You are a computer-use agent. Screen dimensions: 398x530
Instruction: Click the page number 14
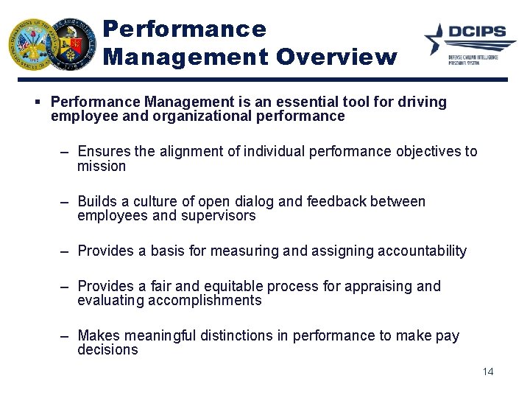pos(487,371)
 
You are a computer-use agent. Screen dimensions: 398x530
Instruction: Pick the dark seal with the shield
pos(71,43)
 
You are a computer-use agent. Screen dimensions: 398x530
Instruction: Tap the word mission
pos(102,167)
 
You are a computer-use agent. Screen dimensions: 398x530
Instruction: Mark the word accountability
pos(422,251)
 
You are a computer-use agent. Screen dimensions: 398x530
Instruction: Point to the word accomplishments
pos(205,301)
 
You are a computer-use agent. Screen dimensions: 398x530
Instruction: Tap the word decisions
pos(107,350)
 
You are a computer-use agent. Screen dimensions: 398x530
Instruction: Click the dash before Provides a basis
pos(65,251)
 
